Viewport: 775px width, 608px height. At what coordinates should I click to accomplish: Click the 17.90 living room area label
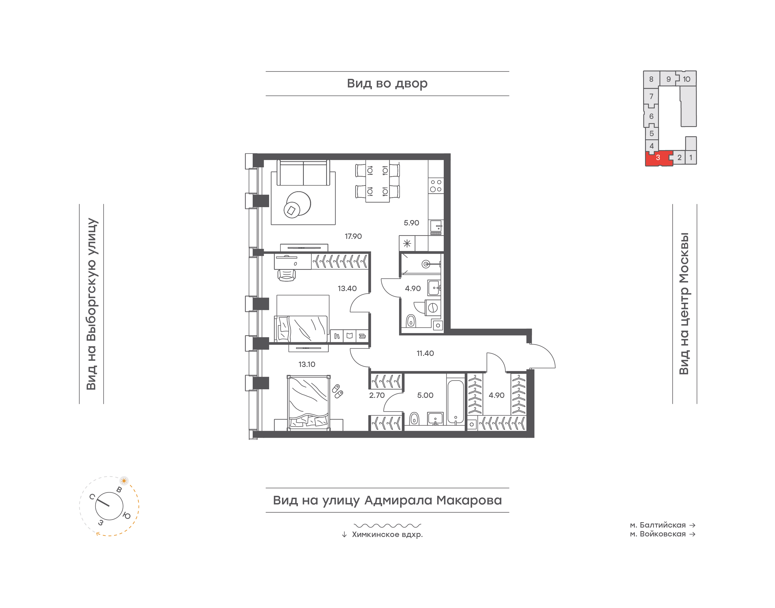pos(353,236)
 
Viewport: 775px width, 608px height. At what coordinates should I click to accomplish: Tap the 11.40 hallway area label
pos(425,354)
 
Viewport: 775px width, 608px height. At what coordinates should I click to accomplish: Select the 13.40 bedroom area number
pos(347,289)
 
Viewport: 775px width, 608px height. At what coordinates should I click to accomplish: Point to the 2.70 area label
pos(377,395)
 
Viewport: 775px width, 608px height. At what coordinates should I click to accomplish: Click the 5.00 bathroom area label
pos(425,395)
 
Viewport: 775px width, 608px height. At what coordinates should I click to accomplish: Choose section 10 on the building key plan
pos(686,79)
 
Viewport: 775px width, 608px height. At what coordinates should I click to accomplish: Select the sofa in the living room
pos(303,173)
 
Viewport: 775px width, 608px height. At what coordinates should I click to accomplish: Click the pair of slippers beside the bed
pos(337,391)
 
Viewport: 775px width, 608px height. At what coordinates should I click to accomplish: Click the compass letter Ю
pos(127,515)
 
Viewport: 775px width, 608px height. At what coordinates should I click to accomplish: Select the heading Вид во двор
pos(387,84)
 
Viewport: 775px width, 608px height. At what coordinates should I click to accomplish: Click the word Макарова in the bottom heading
pos(469,500)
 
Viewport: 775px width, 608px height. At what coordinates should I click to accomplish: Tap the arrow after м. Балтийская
pos(692,525)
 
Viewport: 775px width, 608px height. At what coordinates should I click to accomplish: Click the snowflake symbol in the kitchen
pos(407,244)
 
